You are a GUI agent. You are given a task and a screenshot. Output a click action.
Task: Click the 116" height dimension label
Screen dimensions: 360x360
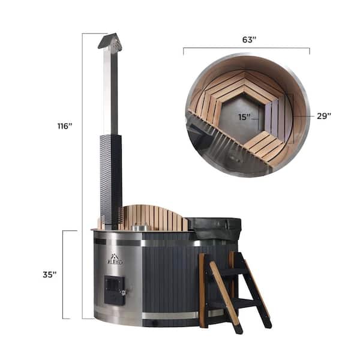(65, 126)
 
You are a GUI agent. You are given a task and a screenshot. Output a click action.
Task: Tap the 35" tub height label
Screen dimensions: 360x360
(50, 275)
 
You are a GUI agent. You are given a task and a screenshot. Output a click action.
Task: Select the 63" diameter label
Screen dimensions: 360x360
(249, 40)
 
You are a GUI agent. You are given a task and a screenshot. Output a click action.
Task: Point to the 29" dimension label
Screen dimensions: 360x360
(324, 116)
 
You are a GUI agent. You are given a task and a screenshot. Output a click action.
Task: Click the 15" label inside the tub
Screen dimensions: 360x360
(244, 117)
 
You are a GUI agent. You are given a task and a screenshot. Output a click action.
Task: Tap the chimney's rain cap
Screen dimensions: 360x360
(110, 41)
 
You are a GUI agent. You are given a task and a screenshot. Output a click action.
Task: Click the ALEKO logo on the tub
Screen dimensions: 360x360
(115, 260)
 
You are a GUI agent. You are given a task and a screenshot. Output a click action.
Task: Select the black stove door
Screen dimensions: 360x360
(115, 290)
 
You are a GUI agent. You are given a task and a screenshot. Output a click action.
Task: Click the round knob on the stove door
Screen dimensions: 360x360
(124, 293)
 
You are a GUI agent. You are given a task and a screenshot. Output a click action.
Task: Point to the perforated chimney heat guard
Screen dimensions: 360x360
(110, 179)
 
